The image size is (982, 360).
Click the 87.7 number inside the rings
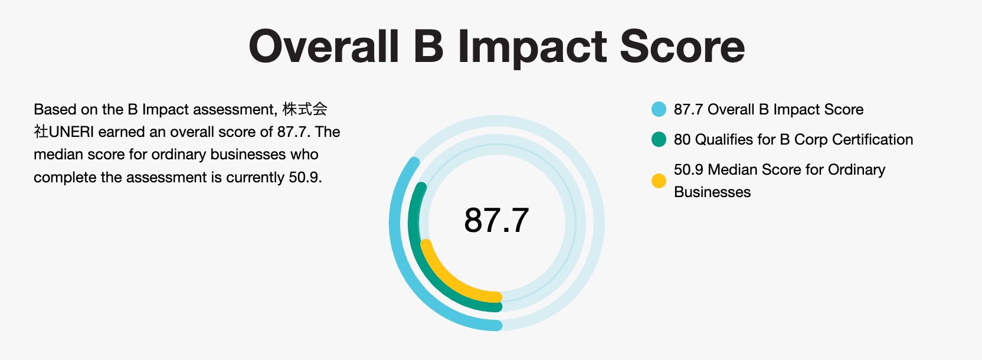[496, 220]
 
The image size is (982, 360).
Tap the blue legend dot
[659, 109]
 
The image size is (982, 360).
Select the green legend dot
[659, 139]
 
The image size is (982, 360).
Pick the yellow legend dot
[659, 181]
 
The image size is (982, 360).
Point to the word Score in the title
[682, 47]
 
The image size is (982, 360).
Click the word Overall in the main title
[324, 47]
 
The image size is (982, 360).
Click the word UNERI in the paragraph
[71, 132]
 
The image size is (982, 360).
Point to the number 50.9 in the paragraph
[305, 177]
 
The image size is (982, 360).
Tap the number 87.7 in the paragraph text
[294, 132]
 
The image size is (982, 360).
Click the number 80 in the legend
[682, 139]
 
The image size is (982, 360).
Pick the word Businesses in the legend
[712, 192]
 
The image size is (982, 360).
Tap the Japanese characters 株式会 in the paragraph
[305, 109]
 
